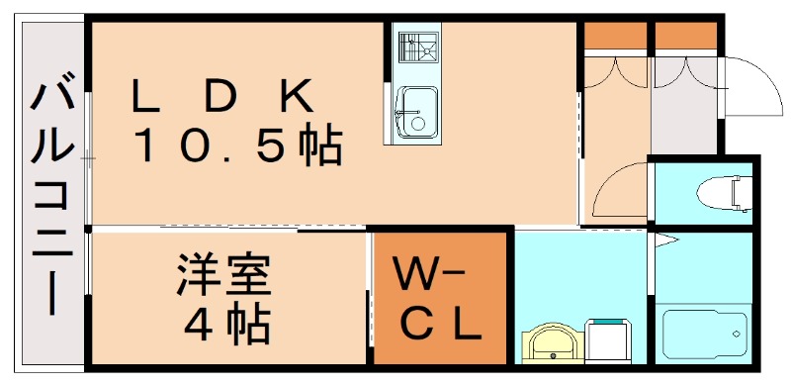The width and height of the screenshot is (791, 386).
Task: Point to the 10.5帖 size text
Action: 237,146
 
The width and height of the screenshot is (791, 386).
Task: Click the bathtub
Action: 703,337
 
